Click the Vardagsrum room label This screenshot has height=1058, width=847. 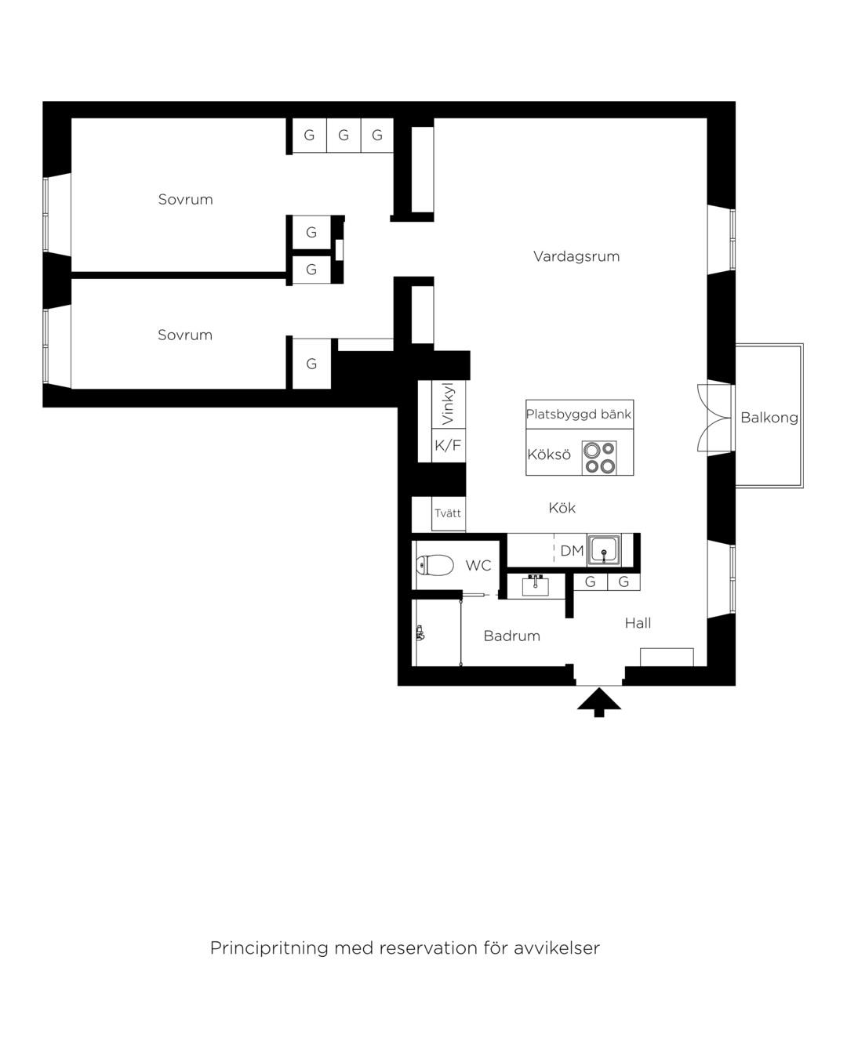(576, 256)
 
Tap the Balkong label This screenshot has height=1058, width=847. (769, 418)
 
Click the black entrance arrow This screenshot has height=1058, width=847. (598, 702)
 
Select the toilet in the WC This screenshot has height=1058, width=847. (434, 565)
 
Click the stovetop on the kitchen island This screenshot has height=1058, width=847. (599, 457)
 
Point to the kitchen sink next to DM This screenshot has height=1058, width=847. (603, 549)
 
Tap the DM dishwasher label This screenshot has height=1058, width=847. (572, 551)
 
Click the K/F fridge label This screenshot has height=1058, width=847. (447, 445)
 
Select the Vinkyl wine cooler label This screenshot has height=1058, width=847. (447, 403)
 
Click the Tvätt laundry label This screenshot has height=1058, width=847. (447, 513)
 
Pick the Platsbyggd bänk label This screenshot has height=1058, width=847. (579, 415)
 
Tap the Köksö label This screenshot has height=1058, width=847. (549, 455)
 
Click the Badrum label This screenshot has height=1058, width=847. (512, 636)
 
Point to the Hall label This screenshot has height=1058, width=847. (638, 623)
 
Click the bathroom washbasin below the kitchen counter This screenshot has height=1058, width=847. (535, 585)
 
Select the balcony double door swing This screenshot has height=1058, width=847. (714, 418)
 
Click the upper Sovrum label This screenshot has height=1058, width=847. (185, 199)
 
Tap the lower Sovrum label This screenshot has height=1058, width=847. (184, 335)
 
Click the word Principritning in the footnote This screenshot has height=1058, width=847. (269, 947)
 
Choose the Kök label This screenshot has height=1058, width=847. (562, 507)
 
